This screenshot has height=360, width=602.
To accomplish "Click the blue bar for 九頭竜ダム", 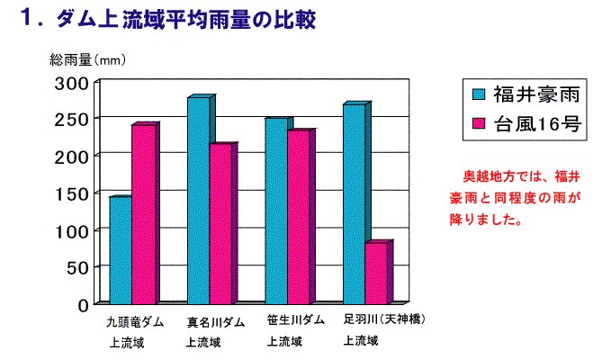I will tap(121, 249).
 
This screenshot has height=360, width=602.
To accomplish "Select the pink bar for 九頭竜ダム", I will tap(143, 213).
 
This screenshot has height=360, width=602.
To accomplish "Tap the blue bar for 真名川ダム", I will tap(198, 200).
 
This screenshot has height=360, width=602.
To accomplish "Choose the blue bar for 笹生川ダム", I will tap(276, 211).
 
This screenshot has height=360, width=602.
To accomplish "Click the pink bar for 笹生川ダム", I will tap(299, 216).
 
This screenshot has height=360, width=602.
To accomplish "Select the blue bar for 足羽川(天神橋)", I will tap(355, 203).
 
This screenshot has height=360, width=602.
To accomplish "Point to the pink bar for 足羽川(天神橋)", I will tap(377, 273).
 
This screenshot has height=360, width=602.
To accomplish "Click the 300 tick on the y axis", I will tap(75, 83).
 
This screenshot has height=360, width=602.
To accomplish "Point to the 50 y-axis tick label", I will tap(79, 267).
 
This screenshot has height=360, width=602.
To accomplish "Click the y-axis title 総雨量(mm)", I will tap(86, 60).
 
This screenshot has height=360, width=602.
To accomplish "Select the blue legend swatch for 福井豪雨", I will tap(479, 94).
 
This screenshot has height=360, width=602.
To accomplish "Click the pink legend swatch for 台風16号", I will tap(479, 124).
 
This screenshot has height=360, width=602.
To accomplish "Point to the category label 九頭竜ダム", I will tap(134, 321).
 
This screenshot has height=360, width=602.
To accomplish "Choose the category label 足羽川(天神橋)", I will tap(384, 319).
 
